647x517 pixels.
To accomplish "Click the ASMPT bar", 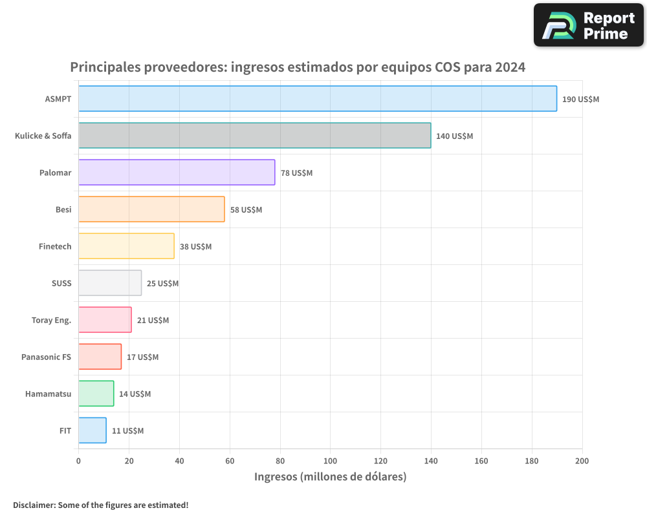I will coord(317,99).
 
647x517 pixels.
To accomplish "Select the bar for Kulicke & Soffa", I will coord(254,136).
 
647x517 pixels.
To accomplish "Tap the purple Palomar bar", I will coord(177,173).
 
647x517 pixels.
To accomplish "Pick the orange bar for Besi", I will coord(151,209).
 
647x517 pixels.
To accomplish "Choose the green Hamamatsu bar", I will coord(96,394).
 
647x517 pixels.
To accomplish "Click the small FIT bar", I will coord(92,430).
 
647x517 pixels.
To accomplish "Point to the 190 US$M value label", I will coord(580,100).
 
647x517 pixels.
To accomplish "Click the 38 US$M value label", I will coord(195,247).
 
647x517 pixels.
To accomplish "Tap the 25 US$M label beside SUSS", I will coord(162,284).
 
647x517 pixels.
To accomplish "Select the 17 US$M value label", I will coord(142,357).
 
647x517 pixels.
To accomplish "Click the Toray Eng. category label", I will coord(51,321).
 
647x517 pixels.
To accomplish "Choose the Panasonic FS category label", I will coord(46,357).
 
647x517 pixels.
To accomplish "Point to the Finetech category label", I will coord(55,247).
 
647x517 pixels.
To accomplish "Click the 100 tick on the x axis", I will coord(330,461).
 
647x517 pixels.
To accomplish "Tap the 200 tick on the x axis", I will coord(582,461).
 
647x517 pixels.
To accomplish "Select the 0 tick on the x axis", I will coord(78,461).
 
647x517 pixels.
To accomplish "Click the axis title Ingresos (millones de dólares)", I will coord(330,477).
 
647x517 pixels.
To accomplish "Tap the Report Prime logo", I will coord(588,25).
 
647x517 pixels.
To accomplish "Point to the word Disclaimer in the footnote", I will coord(33,505).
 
